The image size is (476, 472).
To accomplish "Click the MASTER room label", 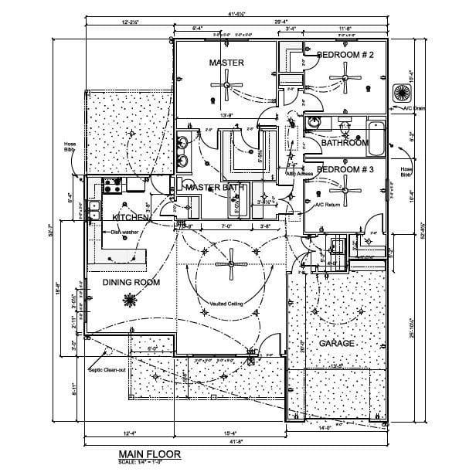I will coord(226,63).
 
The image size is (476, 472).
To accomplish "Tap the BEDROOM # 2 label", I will coord(345,55).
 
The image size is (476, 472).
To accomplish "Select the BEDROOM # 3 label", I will coord(345,169).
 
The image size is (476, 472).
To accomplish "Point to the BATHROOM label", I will coord(345,143).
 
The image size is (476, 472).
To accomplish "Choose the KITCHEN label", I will coord(130,218).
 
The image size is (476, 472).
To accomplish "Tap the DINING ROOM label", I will coord(131,283).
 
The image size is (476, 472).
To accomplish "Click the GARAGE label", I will coord(337,342).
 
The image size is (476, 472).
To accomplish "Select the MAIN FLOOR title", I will coord(146,454).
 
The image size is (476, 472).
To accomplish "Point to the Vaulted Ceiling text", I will coord(226,304).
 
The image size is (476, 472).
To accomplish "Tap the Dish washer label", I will coord(124,232).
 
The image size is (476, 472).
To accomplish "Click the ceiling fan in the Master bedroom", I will coord(226,84).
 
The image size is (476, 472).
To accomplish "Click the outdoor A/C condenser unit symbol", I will coord(402,93).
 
